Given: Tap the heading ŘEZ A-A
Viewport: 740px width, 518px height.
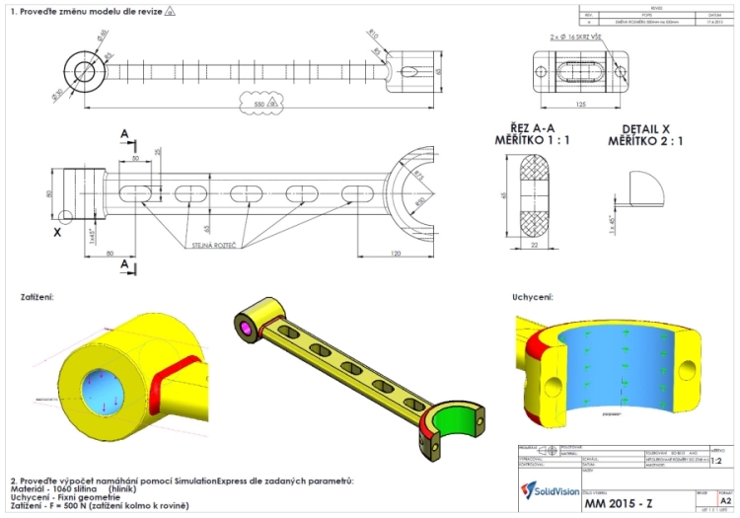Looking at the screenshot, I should [532, 128].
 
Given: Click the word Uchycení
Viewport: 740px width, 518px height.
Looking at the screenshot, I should [532, 295].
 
